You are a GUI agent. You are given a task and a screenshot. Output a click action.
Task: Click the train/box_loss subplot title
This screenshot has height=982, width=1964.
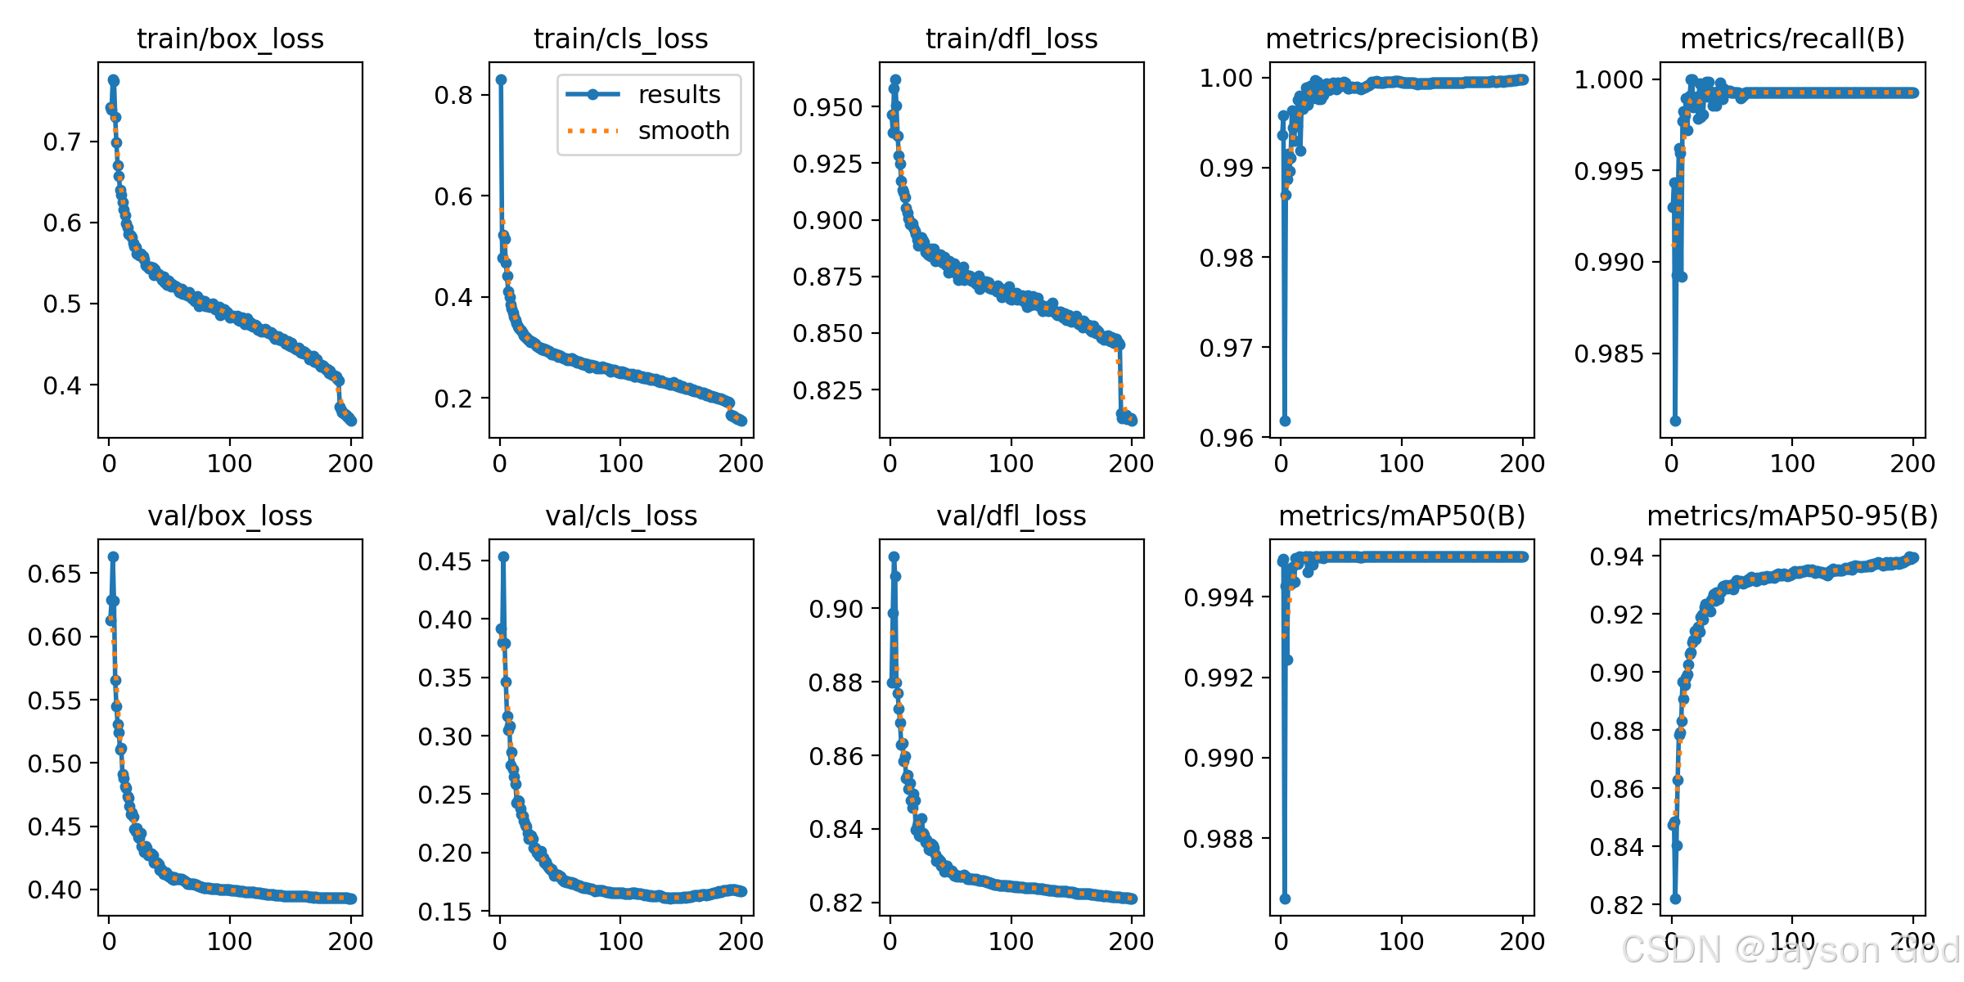click(230, 38)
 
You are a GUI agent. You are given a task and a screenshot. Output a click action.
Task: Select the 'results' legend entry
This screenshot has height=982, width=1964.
click(678, 95)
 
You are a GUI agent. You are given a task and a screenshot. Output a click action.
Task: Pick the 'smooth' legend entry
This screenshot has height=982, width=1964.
click(683, 131)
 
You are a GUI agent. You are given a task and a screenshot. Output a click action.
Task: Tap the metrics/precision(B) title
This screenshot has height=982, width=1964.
click(1402, 38)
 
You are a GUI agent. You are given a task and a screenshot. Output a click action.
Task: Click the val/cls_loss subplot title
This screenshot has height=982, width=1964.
click(621, 516)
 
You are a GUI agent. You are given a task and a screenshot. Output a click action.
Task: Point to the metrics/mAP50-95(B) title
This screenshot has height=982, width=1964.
click(1792, 516)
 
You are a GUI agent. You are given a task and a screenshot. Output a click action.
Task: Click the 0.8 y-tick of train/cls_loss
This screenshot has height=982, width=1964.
click(453, 96)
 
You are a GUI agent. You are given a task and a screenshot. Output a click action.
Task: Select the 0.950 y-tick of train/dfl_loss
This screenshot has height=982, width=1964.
click(827, 108)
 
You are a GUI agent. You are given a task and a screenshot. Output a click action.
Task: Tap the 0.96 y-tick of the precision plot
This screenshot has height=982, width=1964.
click(1226, 439)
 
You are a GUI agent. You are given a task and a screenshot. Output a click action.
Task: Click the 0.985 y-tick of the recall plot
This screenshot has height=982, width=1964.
click(1608, 354)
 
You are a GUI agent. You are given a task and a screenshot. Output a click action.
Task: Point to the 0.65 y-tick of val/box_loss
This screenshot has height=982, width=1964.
click(55, 574)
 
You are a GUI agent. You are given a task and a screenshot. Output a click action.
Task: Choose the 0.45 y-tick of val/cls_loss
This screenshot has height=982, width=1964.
click(445, 562)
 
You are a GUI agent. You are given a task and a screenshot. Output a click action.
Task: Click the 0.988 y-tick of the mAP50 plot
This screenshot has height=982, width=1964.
click(1218, 839)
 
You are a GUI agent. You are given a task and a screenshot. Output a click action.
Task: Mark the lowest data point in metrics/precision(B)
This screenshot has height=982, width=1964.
click(1285, 421)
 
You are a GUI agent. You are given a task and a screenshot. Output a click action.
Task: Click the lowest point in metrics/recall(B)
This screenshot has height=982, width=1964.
click(1675, 421)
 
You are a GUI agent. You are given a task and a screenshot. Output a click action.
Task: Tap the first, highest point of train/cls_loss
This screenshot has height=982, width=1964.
click(501, 79)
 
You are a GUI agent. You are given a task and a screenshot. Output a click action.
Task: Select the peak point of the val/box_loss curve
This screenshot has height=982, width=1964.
click(113, 556)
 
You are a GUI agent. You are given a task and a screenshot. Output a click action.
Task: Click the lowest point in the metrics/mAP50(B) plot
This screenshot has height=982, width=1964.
click(1285, 899)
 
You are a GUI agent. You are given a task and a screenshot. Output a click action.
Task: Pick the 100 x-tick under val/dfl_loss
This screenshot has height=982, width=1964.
click(1011, 942)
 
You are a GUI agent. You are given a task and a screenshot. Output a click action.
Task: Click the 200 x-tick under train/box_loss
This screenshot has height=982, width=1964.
click(350, 464)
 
